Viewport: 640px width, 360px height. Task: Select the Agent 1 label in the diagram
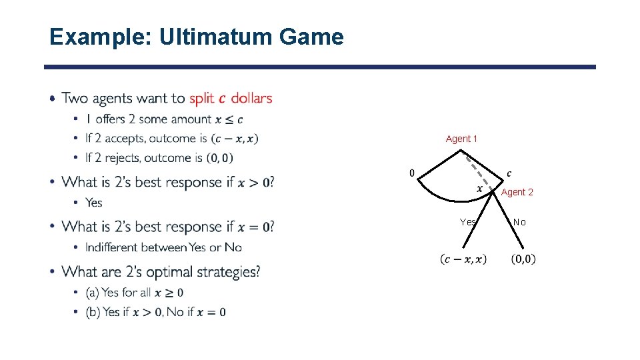pyautogui.click(x=461, y=139)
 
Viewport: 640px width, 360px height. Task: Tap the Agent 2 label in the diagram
pyautogui.click(x=517, y=192)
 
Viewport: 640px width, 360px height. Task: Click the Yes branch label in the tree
pyautogui.click(x=468, y=222)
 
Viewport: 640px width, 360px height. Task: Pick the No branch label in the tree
pyautogui.click(x=519, y=222)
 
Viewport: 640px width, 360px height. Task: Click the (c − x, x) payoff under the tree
pyautogui.click(x=463, y=259)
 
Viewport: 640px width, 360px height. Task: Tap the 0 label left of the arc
pyautogui.click(x=411, y=173)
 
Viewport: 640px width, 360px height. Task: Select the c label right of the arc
pyautogui.click(x=509, y=173)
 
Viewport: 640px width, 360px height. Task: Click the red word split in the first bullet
pyautogui.click(x=201, y=99)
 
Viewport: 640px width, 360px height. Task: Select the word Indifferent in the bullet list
pyautogui.click(x=112, y=247)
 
